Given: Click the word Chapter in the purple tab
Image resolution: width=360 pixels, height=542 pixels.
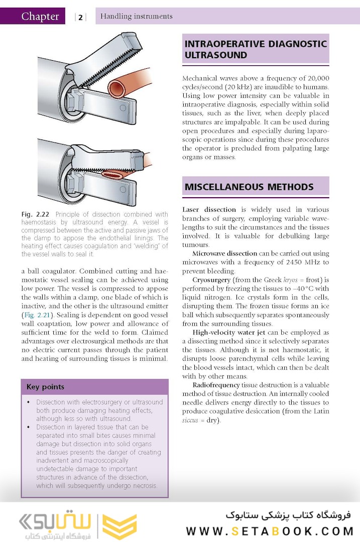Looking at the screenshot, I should (x=40, y=17).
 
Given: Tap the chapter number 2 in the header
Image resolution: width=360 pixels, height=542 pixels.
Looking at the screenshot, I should (x=80, y=18).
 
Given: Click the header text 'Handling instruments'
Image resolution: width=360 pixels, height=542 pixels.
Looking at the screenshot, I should (x=136, y=17).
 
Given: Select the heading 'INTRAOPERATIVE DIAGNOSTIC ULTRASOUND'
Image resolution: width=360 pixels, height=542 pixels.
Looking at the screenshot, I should (x=255, y=49).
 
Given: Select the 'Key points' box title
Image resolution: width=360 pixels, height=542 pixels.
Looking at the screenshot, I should (x=45, y=387).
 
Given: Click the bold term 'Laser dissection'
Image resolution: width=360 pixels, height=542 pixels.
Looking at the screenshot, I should (x=209, y=209).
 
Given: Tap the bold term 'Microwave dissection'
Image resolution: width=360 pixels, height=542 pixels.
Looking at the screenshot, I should (x=224, y=253).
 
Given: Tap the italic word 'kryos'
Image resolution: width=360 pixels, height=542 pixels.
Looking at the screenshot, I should (x=276, y=280).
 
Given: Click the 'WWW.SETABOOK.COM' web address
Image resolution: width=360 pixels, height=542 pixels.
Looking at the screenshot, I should (x=270, y=531).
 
